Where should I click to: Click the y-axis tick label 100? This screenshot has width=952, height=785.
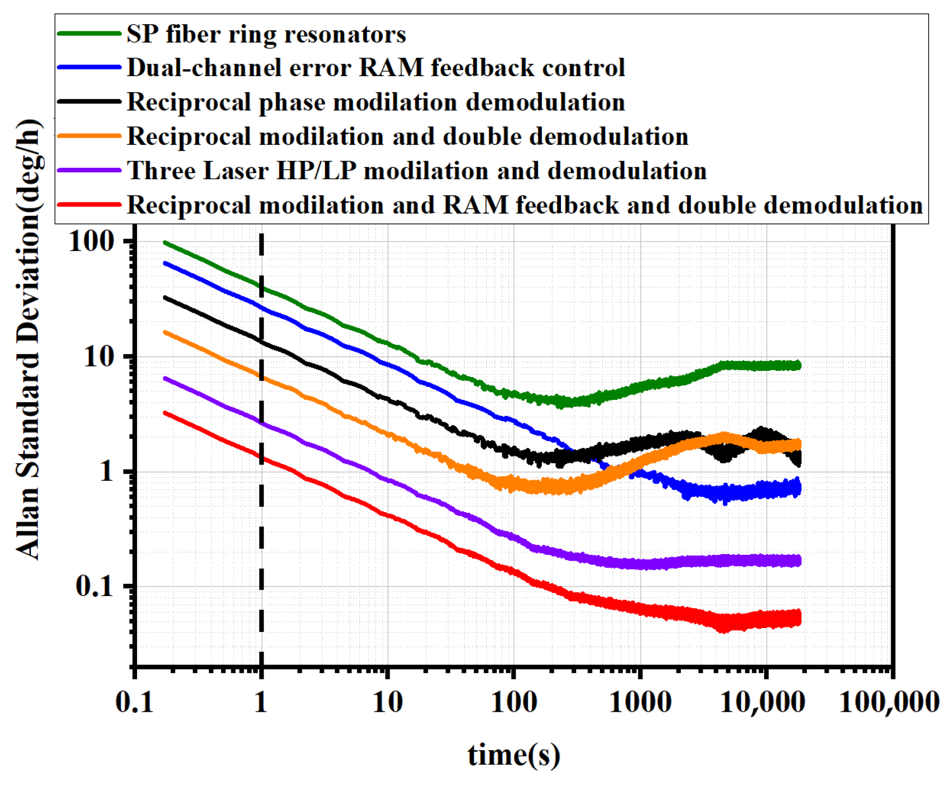pyautogui.click(x=92, y=242)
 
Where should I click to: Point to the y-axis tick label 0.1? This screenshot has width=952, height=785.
pyautogui.click(x=95, y=586)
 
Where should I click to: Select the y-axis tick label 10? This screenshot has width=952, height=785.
pyautogui.click(x=99, y=357)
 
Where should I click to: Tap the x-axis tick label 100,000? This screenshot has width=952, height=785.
pyautogui.click(x=889, y=702)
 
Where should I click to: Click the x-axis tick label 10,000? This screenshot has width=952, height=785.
pyautogui.click(x=762, y=702)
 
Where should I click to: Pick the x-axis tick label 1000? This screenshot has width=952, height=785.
pyautogui.click(x=640, y=702)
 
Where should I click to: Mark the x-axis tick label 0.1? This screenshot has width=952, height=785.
pyautogui.click(x=135, y=702)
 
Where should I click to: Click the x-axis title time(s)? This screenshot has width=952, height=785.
pyautogui.click(x=514, y=755)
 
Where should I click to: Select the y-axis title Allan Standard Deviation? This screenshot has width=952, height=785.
pyautogui.click(x=29, y=340)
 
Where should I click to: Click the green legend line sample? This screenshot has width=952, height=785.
pyautogui.click(x=89, y=33)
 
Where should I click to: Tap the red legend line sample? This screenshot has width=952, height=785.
pyautogui.click(x=89, y=204)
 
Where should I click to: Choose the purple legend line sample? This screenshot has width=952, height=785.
pyautogui.click(x=89, y=170)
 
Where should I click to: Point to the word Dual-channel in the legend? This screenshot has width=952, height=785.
pyautogui.click(x=206, y=68)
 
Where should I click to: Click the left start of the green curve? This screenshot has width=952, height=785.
pyautogui.click(x=166, y=243)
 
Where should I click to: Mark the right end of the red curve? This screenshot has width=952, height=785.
pyautogui.click(x=799, y=618)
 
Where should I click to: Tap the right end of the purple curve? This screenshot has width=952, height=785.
pyautogui.click(x=799, y=561)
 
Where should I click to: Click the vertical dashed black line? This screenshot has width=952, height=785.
pyautogui.click(x=261, y=523)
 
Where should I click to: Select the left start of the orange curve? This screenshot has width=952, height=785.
pyautogui.click(x=166, y=332)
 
